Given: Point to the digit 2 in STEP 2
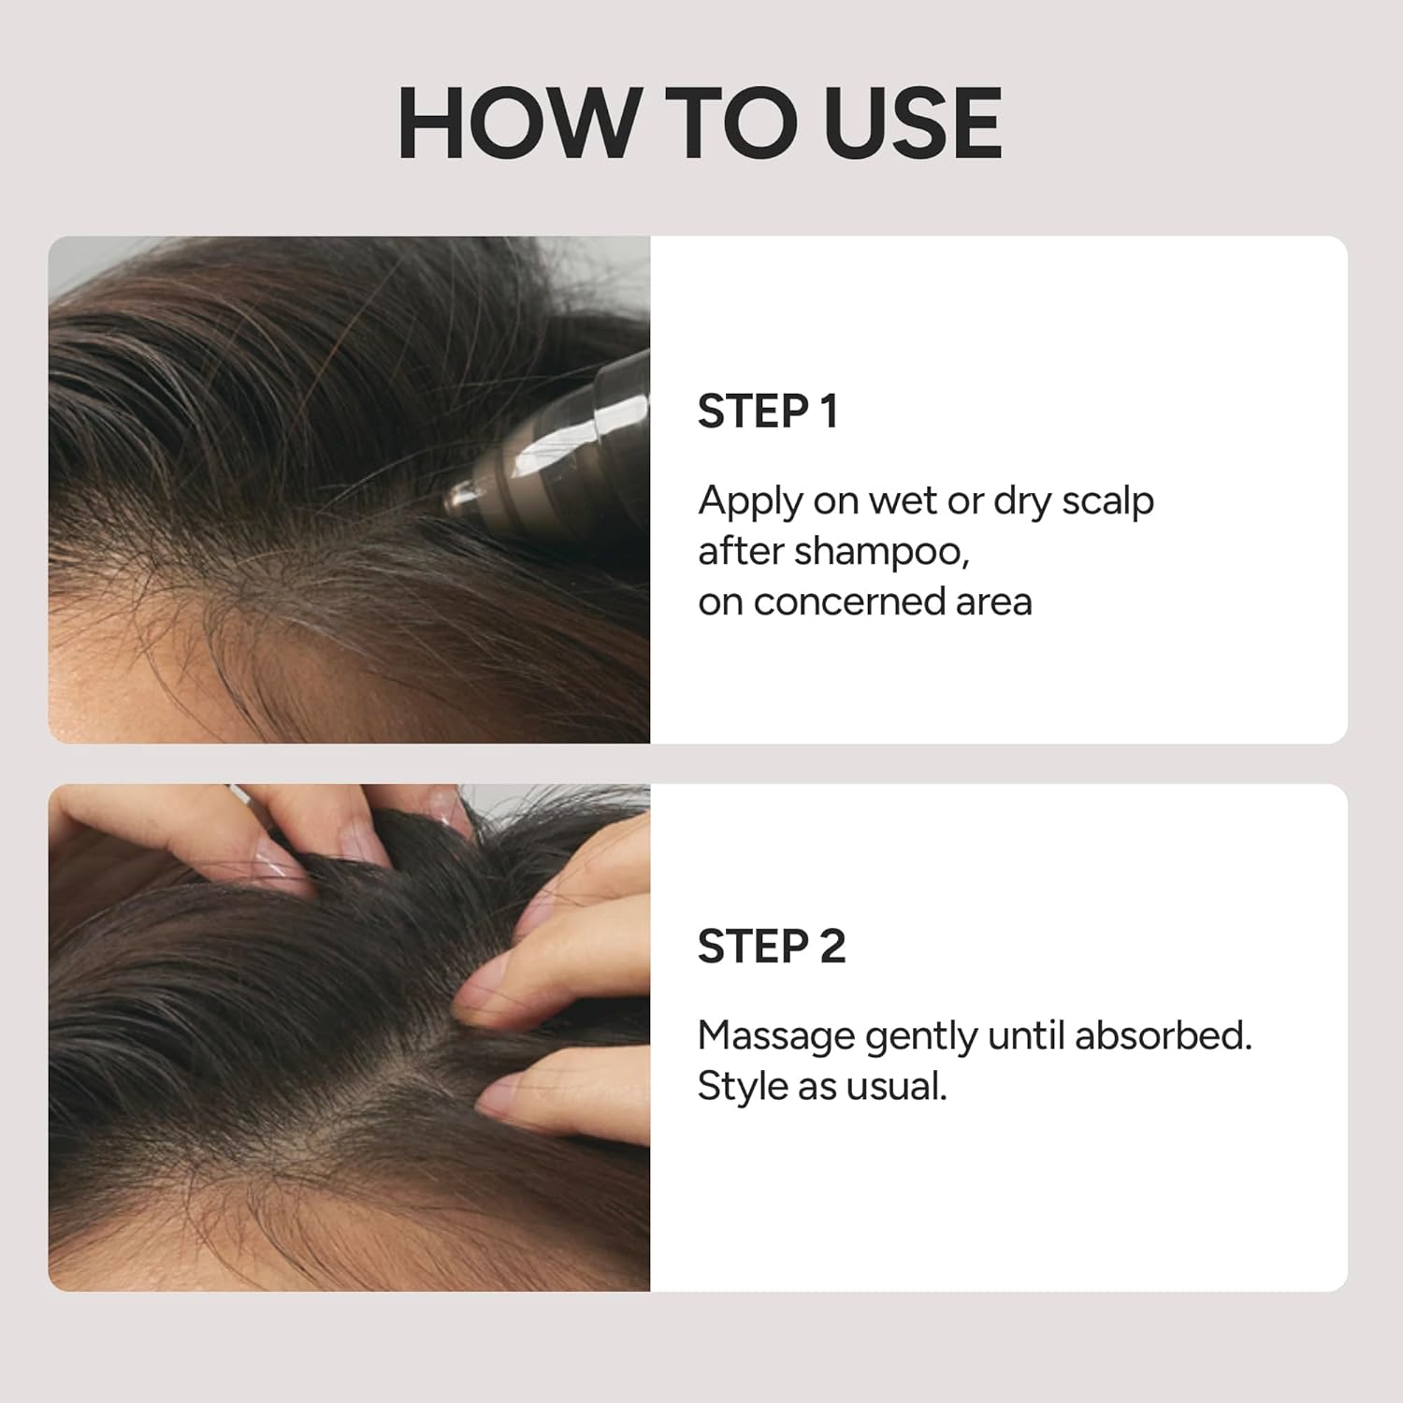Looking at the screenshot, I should click(x=832, y=947).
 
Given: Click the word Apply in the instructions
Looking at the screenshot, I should click(x=749, y=502).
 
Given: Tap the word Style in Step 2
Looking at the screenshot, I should click(x=742, y=1088).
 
